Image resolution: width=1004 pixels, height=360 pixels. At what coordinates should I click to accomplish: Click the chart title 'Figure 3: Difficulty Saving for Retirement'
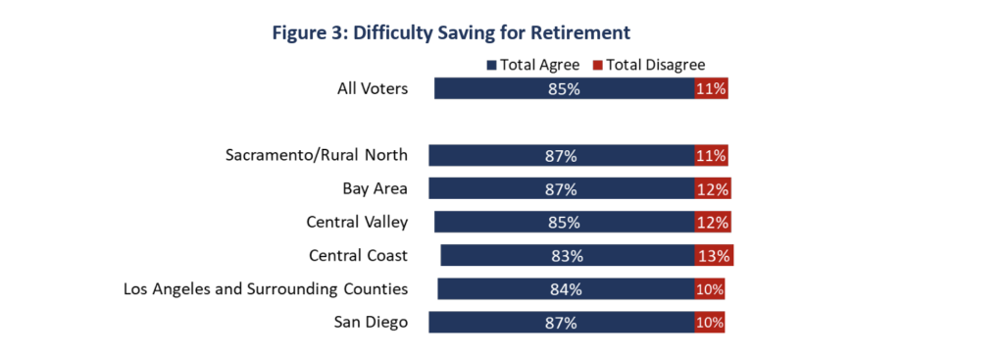click(451, 32)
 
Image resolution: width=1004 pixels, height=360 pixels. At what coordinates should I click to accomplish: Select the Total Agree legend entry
click(533, 65)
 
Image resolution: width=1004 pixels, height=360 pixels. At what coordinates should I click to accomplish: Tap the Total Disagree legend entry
click(647, 65)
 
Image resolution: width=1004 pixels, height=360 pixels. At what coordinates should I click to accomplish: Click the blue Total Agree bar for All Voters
click(564, 88)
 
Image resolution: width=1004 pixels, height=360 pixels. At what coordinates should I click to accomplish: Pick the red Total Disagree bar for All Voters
click(712, 88)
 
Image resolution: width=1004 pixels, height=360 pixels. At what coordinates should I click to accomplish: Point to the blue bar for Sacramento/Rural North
click(562, 156)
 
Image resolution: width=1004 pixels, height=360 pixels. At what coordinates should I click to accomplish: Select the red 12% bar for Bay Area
click(713, 189)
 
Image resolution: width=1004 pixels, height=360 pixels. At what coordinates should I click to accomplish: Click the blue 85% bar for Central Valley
click(564, 223)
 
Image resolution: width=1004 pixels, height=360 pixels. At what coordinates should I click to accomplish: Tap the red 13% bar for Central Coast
click(714, 256)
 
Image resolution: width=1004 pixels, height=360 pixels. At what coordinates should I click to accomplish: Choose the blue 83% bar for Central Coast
click(568, 256)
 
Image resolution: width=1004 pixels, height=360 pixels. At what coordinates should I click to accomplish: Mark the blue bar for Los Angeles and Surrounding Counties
click(566, 289)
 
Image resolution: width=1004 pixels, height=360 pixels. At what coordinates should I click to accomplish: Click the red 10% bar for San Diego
click(710, 322)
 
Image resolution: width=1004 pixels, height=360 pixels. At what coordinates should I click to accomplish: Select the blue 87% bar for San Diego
click(562, 322)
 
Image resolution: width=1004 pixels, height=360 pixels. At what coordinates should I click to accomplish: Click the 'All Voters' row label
click(373, 88)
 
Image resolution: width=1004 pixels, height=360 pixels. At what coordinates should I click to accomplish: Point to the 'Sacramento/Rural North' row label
click(317, 155)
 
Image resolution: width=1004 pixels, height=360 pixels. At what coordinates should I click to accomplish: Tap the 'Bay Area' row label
click(376, 188)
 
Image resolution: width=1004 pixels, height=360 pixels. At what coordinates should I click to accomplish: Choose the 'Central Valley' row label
click(357, 223)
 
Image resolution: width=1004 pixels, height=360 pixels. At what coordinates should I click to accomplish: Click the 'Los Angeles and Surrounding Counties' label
click(266, 289)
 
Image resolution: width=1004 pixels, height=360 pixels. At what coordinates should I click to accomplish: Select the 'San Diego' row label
click(371, 322)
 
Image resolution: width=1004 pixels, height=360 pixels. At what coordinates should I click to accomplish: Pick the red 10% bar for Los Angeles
click(710, 289)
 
